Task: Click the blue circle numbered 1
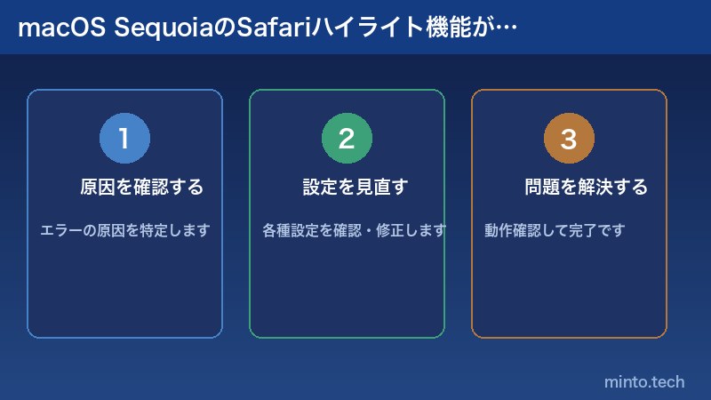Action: pyautogui.click(x=124, y=139)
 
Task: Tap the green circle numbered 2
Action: pyautogui.click(x=347, y=139)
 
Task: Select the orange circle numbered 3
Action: pyautogui.click(x=569, y=139)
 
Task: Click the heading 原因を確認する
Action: pyautogui.click(x=141, y=188)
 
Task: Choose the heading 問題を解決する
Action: pyautogui.click(x=586, y=188)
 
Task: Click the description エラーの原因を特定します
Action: pyautogui.click(x=124, y=230)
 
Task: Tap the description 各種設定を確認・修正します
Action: pyautogui.click(x=354, y=230)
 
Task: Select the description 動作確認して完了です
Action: pyautogui.click(x=555, y=230)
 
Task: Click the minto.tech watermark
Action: pyautogui.click(x=644, y=381)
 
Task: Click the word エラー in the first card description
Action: pyautogui.click(x=60, y=230)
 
